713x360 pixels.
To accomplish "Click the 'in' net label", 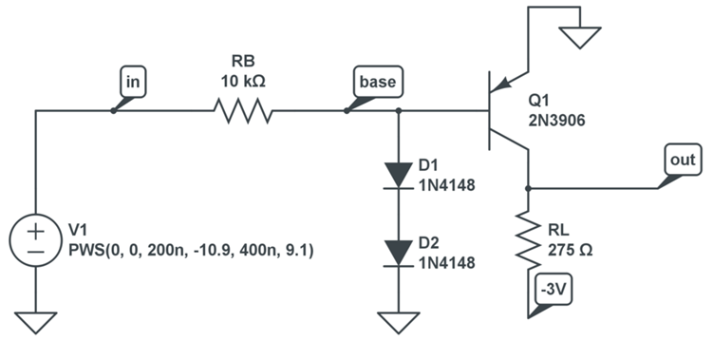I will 134,84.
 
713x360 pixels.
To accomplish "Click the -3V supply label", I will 553,290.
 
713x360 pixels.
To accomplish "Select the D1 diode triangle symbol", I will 398,174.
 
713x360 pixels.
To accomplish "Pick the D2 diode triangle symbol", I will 398,252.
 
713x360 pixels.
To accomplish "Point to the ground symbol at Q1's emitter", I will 579,37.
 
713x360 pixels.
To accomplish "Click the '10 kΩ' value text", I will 243,82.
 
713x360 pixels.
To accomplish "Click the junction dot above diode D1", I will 398,111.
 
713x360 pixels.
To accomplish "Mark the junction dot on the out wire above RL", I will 527,188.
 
